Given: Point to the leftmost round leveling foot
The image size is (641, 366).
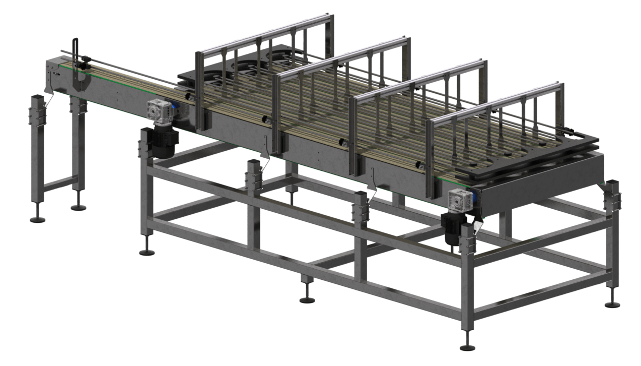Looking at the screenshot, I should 37,219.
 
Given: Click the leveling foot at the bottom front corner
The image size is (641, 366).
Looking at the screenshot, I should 467,347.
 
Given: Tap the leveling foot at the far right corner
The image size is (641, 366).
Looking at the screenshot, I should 613,304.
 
